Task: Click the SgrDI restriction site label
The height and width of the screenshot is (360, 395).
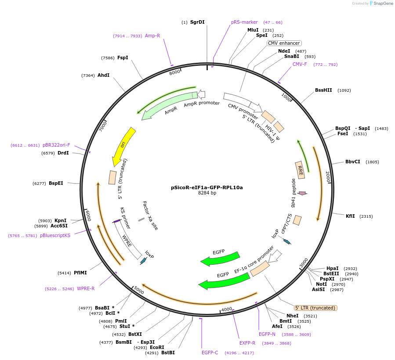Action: point(197,22)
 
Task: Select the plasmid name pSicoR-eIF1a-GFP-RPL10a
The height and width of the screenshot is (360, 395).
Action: point(207,187)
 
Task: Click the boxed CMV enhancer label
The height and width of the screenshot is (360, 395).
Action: point(284,43)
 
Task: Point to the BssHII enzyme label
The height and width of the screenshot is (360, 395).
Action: point(323,90)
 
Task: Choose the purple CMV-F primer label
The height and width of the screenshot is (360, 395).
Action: point(300,65)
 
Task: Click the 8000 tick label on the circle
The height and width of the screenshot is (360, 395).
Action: point(175,72)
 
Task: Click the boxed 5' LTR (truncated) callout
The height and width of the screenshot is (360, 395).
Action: point(315,308)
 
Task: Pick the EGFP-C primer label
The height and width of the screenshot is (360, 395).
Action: point(210,353)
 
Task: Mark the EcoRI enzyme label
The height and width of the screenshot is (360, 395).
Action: point(157,347)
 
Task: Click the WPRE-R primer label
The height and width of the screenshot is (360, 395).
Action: point(86,289)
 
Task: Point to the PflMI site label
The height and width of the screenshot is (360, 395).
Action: point(80,273)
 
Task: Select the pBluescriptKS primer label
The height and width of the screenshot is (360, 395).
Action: point(55,236)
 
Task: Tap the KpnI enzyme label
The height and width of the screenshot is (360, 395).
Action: point(60,221)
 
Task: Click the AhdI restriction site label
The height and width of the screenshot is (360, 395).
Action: point(103,76)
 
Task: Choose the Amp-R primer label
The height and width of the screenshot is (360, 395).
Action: point(152,36)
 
